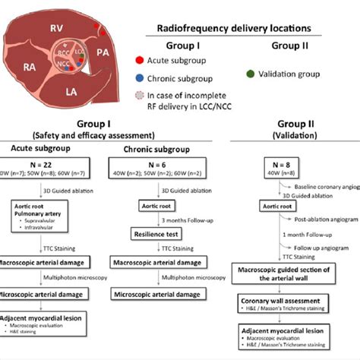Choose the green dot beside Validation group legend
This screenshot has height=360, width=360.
point(251,75)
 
